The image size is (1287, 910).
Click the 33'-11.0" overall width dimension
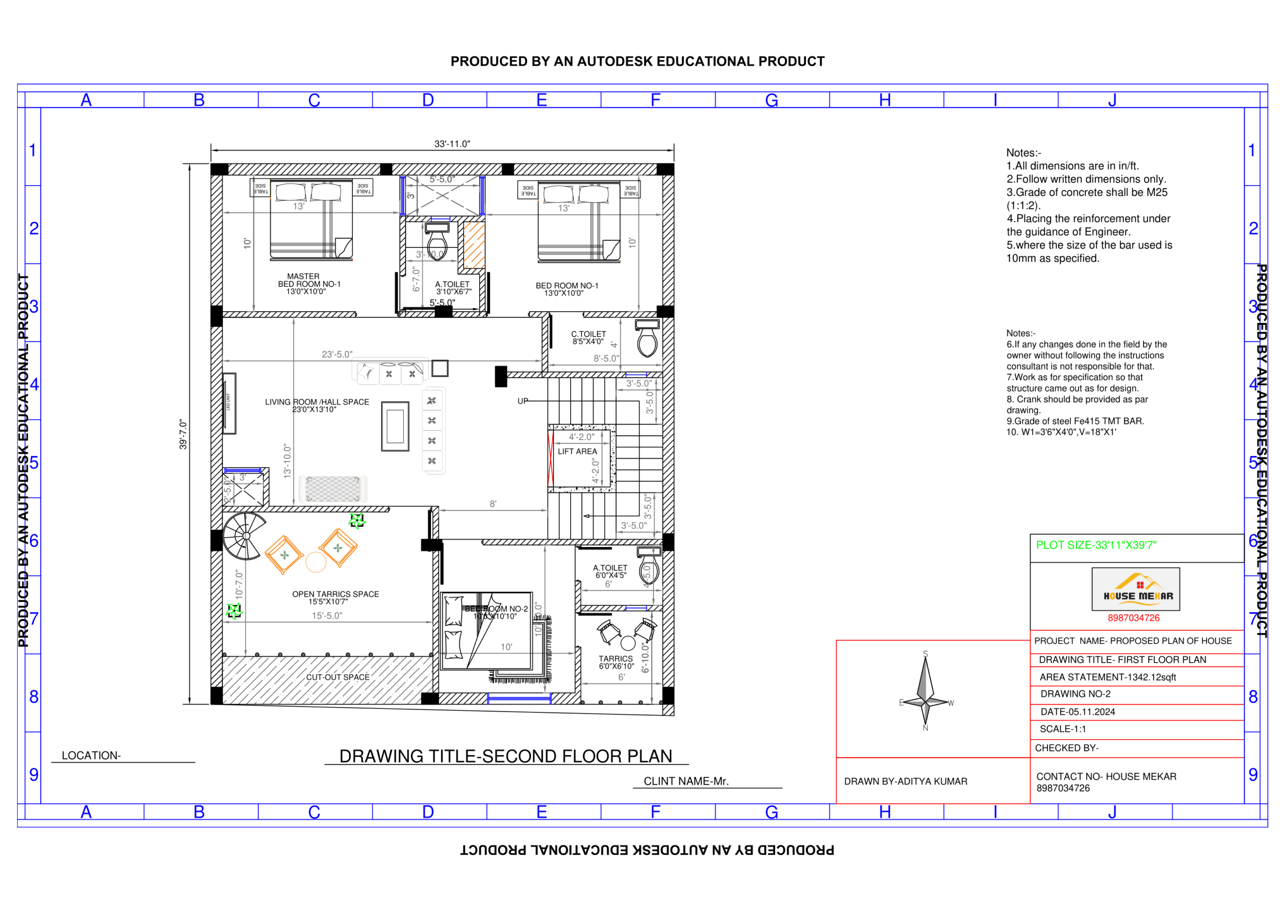(452, 144)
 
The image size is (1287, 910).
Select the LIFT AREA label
(577, 451)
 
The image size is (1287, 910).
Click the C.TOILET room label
(588, 337)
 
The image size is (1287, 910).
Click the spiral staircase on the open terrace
(244, 536)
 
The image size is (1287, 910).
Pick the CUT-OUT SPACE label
(337, 677)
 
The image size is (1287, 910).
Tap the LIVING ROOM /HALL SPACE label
(317, 405)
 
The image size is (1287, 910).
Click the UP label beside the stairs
(522, 401)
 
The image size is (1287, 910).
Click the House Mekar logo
(1135, 589)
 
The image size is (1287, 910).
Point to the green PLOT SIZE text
(1095, 545)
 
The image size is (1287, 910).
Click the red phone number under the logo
(1133, 618)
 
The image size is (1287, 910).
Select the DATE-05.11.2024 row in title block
(1077, 712)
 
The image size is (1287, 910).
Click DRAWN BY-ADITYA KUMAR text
(905, 782)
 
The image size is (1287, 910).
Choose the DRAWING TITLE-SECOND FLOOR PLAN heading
(505, 756)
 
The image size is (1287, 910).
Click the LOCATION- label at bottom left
(91, 756)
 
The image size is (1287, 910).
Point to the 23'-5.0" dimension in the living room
(337, 354)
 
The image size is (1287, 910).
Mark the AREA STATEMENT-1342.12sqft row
(1107, 677)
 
